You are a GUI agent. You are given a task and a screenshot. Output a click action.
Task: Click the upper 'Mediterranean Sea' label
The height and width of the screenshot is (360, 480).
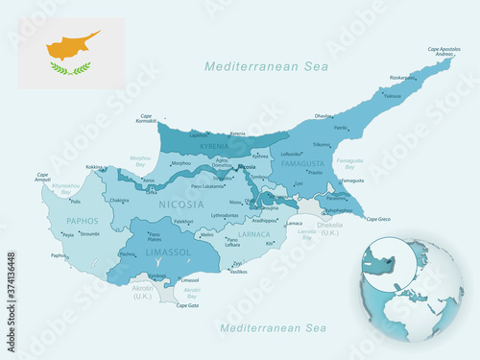(x=266, y=66)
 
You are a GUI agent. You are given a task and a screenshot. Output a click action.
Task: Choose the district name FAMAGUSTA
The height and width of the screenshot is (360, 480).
(x=308, y=164)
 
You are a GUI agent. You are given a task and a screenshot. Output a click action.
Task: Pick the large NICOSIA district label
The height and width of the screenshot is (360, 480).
(x=180, y=204)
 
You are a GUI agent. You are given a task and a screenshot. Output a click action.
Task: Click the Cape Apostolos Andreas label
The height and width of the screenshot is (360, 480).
(x=440, y=51)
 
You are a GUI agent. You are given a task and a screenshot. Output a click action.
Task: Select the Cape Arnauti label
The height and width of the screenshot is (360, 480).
(x=42, y=177)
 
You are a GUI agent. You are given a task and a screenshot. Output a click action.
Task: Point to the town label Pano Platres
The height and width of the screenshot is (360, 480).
(x=155, y=236)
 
